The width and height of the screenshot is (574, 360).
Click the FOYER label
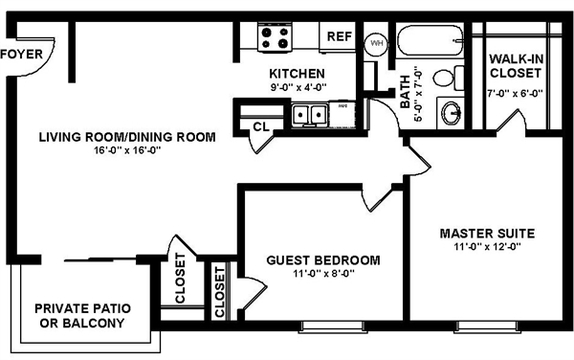tap(22, 54)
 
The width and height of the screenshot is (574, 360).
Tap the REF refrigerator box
tap(338, 37)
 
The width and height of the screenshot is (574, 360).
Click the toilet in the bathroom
tap(448, 78)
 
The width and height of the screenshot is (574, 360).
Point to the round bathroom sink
tap(451, 113)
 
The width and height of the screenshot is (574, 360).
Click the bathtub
tap(429, 40)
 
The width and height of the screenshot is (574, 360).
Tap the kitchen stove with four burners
tap(275, 37)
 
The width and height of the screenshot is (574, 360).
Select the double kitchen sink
tap(310, 115)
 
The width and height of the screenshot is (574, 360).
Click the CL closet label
tap(261, 127)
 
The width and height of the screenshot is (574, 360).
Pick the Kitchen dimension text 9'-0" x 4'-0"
tap(298, 88)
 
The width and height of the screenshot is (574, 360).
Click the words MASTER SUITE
tap(487, 233)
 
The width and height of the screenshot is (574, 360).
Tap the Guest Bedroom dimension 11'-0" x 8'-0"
tap(324, 274)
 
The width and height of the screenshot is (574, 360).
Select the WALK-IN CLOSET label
tap(516, 66)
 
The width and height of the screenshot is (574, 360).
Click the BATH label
tap(405, 92)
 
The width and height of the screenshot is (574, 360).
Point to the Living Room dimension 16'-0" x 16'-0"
tap(128, 150)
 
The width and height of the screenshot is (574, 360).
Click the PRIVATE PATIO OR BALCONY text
tap(82, 316)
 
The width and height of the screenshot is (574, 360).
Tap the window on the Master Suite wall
tap(487, 327)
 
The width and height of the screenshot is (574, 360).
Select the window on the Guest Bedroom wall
tap(332, 327)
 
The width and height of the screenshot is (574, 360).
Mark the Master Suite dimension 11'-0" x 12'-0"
tap(488, 247)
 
